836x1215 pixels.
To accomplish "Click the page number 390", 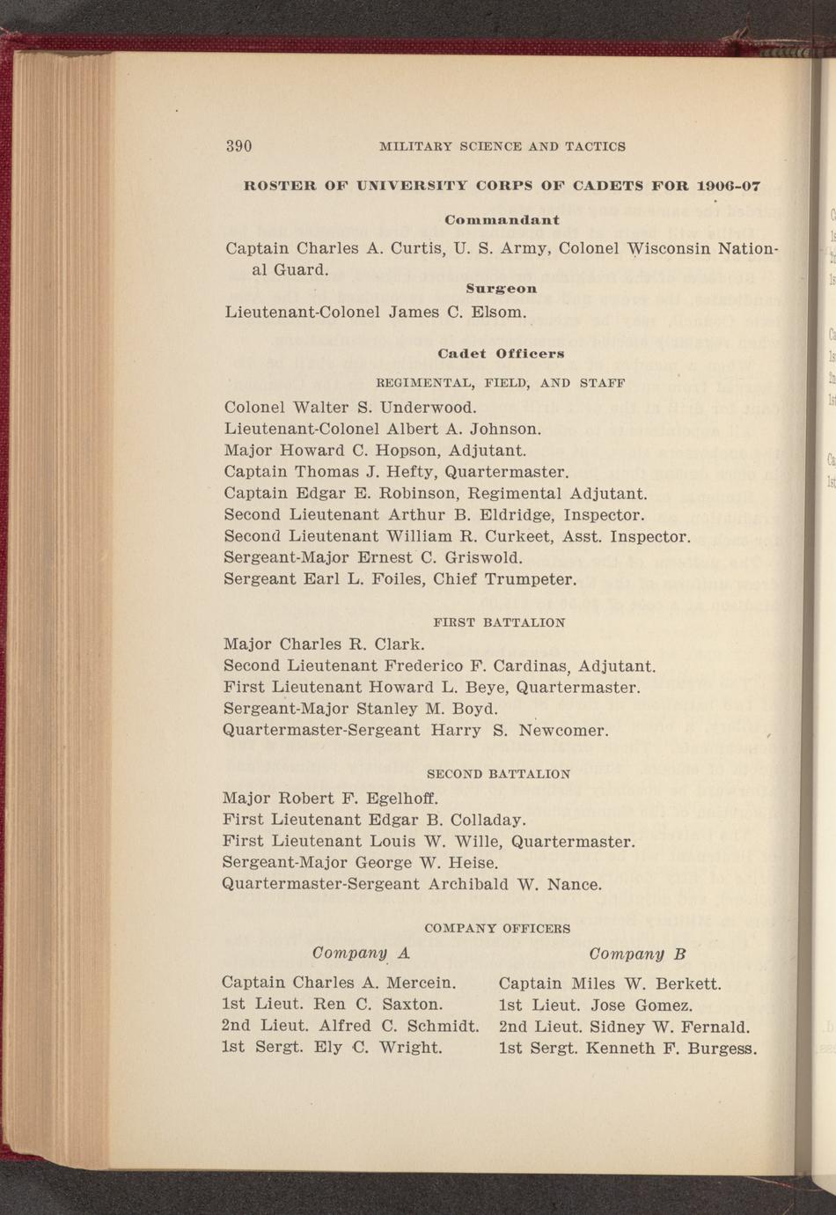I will (x=239, y=146).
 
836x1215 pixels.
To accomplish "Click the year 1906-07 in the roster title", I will (x=728, y=186).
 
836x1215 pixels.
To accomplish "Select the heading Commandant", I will (x=502, y=219).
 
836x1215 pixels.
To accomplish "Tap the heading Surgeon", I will (x=502, y=288).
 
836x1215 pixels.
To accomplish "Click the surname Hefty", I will (x=408, y=472).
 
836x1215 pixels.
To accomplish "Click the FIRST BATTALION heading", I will (x=500, y=622).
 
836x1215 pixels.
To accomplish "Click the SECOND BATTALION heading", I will (x=498, y=775).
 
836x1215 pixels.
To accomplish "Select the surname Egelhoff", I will (x=399, y=799).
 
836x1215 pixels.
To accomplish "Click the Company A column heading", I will (x=362, y=954).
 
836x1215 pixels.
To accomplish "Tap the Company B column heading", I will (x=637, y=954).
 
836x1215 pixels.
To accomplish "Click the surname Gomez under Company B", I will (x=665, y=1005).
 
